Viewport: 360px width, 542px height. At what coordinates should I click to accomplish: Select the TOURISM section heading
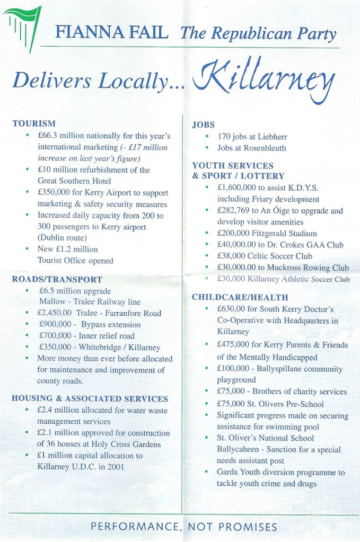click(x=34, y=123)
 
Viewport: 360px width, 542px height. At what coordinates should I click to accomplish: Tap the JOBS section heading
click(x=203, y=125)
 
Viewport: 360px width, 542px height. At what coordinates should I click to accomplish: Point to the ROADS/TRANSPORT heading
click(x=57, y=279)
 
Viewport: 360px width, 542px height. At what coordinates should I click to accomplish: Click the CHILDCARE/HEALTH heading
click(x=240, y=297)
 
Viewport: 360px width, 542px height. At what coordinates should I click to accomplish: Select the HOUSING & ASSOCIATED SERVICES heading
click(x=90, y=398)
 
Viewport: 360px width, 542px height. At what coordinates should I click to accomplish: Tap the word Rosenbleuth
click(x=264, y=148)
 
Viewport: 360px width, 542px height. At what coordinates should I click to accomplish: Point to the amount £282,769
click(x=236, y=210)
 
